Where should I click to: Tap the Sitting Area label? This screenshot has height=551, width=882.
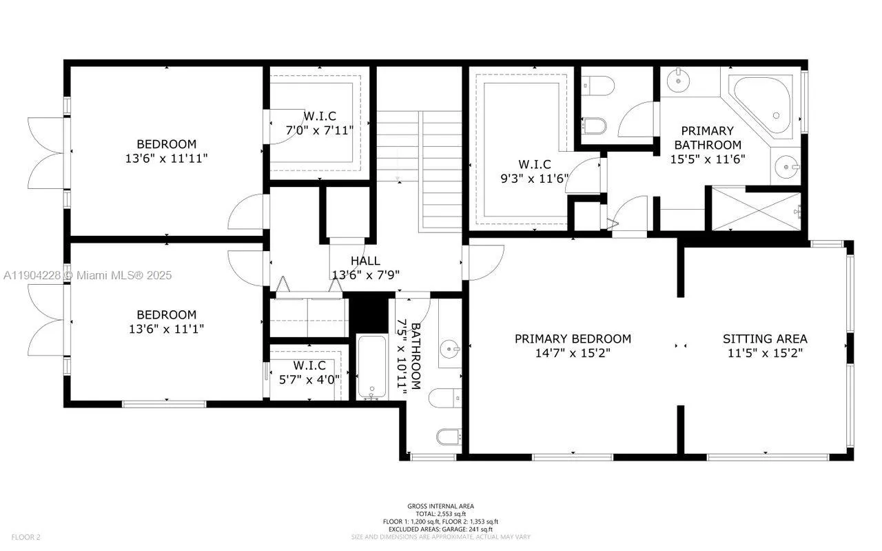(x=764, y=339)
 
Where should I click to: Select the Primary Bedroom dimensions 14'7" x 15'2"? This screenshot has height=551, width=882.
(x=573, y=352)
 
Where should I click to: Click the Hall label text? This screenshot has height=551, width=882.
(x=365, y=261)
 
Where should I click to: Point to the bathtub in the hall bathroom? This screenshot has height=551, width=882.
(x=373, y=367)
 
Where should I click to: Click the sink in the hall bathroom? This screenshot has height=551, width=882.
(x=451, y=349)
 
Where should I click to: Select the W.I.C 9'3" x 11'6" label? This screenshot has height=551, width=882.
(x=535, y=170)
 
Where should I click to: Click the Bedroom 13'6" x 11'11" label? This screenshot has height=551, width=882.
(x=166, y=151)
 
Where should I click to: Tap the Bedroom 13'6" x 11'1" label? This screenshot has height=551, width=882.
(x=166, y=321)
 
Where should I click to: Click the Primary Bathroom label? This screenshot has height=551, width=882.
(x=708, y=137)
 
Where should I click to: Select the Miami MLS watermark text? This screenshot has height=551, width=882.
(x=88, y=275)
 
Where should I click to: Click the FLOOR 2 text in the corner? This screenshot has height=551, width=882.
(x=25, y=537)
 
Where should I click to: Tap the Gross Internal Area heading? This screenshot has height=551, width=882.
(x=440, y=506)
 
